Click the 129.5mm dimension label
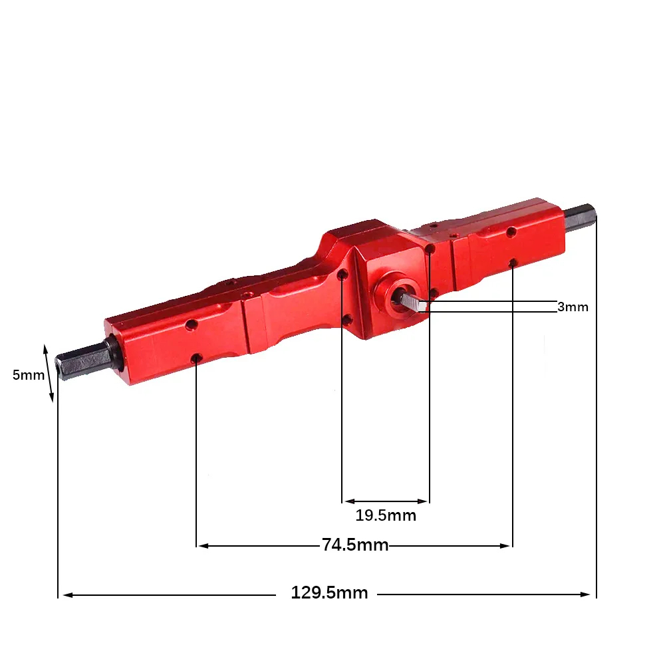coord(329,593)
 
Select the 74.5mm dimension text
coord(355,545)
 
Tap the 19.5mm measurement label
coord(386,515)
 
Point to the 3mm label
coord(573,307)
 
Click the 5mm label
coord(29,375)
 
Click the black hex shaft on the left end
coord(85,360)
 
